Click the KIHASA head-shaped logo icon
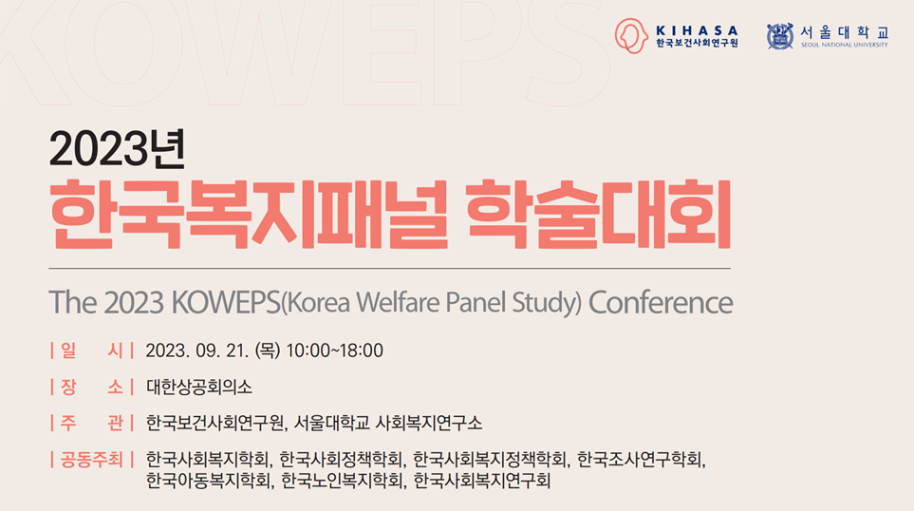point(631,36)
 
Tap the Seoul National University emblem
point(780,36)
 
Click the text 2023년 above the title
point(117,149)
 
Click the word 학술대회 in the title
point(599,215)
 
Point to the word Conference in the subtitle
point(661,302)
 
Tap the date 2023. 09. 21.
point(197,350)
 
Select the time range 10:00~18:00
point(335,350)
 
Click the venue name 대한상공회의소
point(198,387)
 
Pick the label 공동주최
point(91,460)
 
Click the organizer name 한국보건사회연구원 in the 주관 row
point(215,423)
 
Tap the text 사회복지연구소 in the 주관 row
point(428,423)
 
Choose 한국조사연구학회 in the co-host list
point(640,460)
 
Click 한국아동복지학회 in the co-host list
point(208,481)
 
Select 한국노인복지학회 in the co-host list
point(343,481)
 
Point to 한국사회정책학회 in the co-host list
point(342,460)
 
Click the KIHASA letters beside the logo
point(698,30)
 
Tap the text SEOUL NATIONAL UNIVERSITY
point(844,45)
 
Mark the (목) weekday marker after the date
point(268,350)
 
